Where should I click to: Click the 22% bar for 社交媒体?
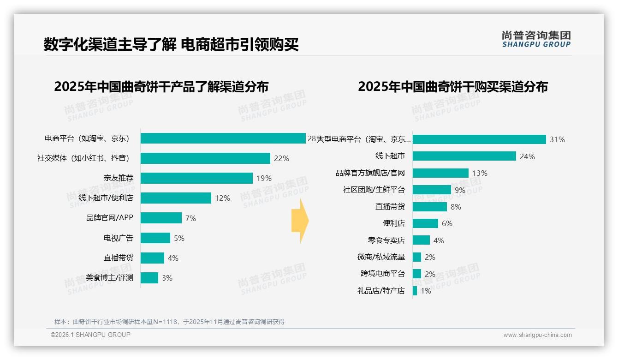coord(205,158)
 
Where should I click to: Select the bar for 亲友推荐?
coord(196,178)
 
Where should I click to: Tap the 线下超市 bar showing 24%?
coord(464,156)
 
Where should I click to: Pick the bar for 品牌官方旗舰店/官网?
coord(440,173)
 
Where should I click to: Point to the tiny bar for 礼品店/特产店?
coord(415,291)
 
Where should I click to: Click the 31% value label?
coord(557,139)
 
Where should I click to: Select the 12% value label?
coord(222,198)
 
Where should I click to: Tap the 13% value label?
coord(480,173)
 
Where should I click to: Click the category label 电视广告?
coord(119,238)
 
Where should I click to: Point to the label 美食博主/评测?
coord(109,278)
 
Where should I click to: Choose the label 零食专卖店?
coord(386,240)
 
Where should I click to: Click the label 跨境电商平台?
coord(382,274)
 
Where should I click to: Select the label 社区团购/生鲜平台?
coord(374,190)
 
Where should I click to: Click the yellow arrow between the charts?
coord(300,221)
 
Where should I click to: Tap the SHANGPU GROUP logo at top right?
coord(536,39)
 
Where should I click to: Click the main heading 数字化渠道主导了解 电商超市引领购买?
coord(171,44)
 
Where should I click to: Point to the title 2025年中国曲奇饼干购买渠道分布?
coord(452,87)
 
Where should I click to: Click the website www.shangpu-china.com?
coord(537,335)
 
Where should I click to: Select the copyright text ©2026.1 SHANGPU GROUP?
coord(90,335)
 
